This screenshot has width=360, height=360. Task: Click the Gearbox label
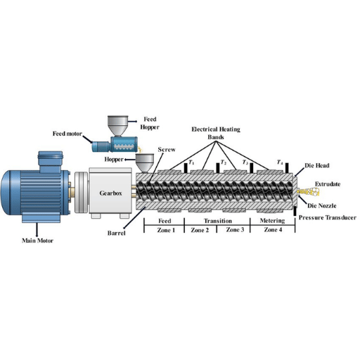(x=110, y=193)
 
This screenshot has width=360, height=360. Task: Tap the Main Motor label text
(x=37, y=240)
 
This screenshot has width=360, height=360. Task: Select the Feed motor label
(x=67, y=134)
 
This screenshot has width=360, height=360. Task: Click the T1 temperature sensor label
(x=191, y=162)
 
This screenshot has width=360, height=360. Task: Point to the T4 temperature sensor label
(x=280, y=162)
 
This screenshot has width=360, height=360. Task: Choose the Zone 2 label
(x=200, y=230)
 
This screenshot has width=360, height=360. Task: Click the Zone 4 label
(x=273, y=230)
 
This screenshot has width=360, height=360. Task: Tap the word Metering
(x=272, y=221)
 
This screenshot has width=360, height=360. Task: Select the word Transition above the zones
(x=218, y=221)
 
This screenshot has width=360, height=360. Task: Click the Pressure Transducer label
(x=328, y=217)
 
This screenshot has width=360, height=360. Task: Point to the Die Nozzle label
(x=322, y=206)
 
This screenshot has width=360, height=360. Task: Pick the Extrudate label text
(x=328, y=184)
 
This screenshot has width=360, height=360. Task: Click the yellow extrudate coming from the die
(x=308, y=192)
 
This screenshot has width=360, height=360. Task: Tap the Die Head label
(x=317, y=165)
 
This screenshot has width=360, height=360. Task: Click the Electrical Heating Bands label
(x=216, y=133)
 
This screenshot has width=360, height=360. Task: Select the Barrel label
(x=117, y=233)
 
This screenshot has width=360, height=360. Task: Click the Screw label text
(x=167, y=150)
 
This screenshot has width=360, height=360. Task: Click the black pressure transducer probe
(x=295, y=211)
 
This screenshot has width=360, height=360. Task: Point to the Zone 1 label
(x=166, y=230)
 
